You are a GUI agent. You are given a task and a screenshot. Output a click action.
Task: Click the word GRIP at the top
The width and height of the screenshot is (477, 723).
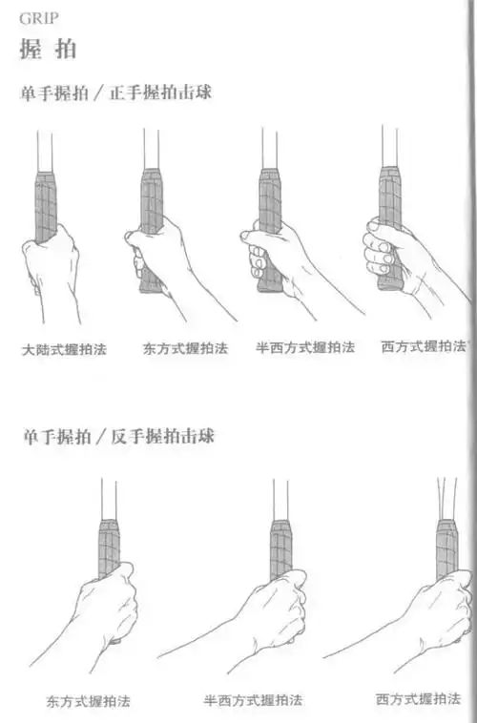[x=35, y=16]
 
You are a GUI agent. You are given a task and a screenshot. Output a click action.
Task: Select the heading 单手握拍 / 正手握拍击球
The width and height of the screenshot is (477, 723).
[x=115, y=95]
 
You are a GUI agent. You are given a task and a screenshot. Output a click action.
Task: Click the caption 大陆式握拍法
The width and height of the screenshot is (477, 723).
[x=65, y=349]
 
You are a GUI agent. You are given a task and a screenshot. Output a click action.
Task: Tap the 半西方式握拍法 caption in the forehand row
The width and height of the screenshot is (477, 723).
[x=305, y=347]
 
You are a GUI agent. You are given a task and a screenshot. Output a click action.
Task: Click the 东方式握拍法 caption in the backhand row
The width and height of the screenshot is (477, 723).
[x=88, y=701]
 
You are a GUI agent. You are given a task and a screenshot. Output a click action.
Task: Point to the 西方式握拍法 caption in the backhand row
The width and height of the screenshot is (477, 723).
[x=418, y=697]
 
